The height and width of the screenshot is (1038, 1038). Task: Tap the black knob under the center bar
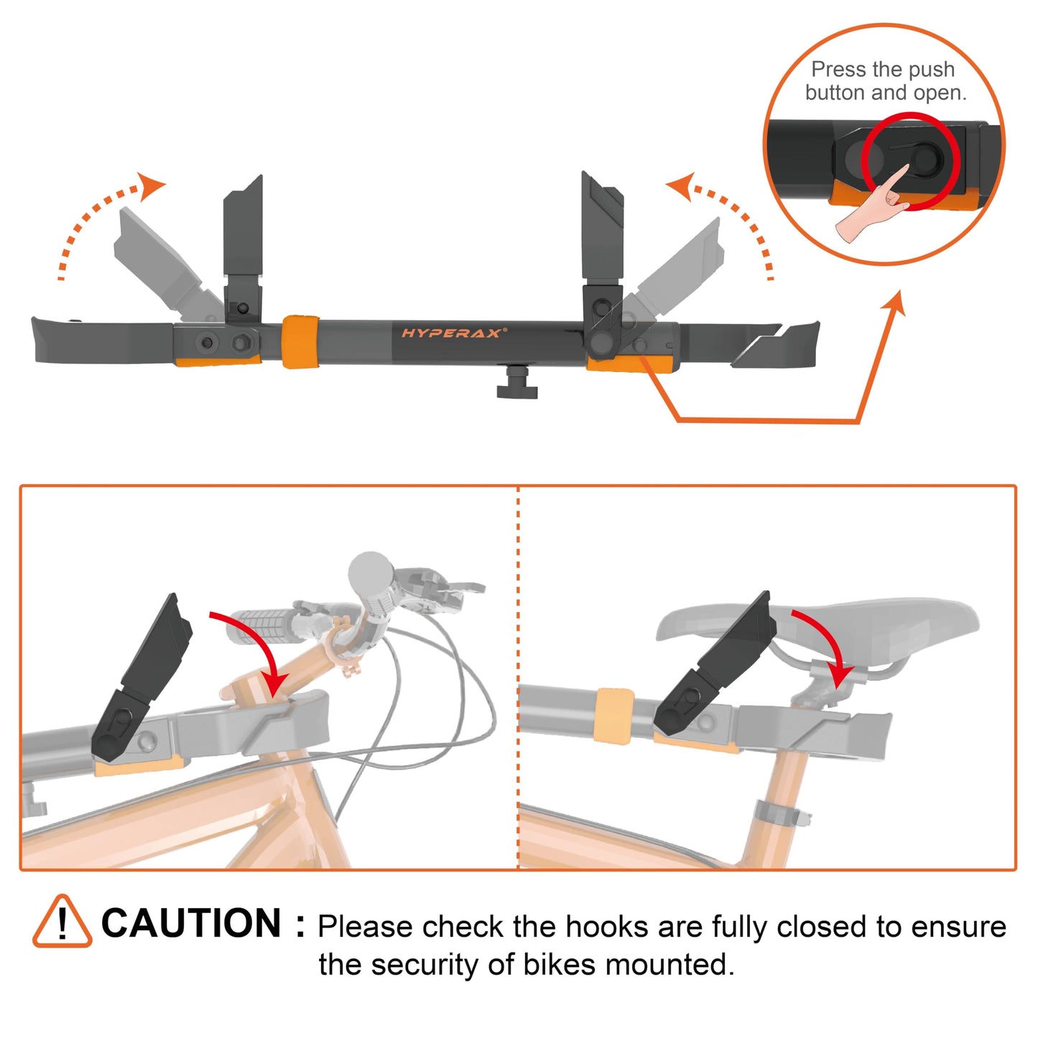coord(516,384)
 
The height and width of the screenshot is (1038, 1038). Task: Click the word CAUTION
coord(191,924)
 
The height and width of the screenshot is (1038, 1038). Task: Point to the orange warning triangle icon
coord(62,922)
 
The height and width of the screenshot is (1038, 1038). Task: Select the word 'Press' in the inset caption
coord(838,70)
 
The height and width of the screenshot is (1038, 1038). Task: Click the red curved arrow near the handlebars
coord(255,650)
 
